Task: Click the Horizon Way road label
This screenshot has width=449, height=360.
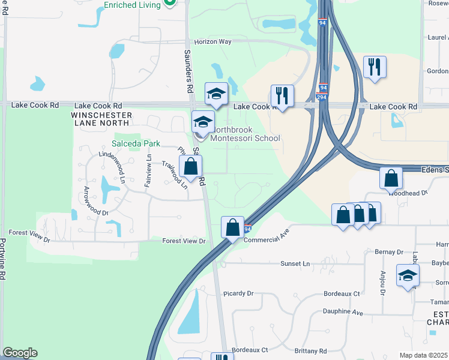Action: pos(212,42)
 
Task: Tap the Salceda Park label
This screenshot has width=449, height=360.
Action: pos(136,144)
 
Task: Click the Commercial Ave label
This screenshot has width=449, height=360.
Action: pos(267,235)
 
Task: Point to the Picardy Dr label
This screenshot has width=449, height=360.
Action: pos(238,293)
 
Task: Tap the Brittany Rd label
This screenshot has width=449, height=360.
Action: pos(311,351)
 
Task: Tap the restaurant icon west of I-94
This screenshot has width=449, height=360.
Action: pos(282,95)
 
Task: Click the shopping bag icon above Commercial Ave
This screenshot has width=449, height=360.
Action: pos(232,227)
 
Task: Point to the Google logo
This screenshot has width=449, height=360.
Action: pos(20,353)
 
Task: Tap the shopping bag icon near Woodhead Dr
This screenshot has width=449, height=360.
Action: pos(391,178)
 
